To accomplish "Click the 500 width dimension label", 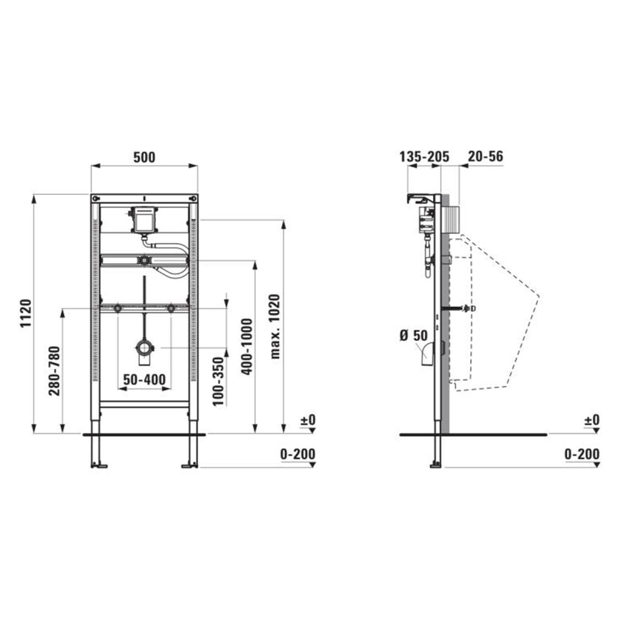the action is [x=144, y=157].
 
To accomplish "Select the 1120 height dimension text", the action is [x=26, y=314].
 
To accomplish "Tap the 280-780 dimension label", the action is [x=54, y=371].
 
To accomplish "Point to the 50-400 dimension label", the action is [x=144, y=380].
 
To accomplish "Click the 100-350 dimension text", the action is [x=219, y=382].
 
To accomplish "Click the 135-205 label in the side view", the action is [x=424, y=157].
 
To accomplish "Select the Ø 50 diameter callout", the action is [x=414, y=335].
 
